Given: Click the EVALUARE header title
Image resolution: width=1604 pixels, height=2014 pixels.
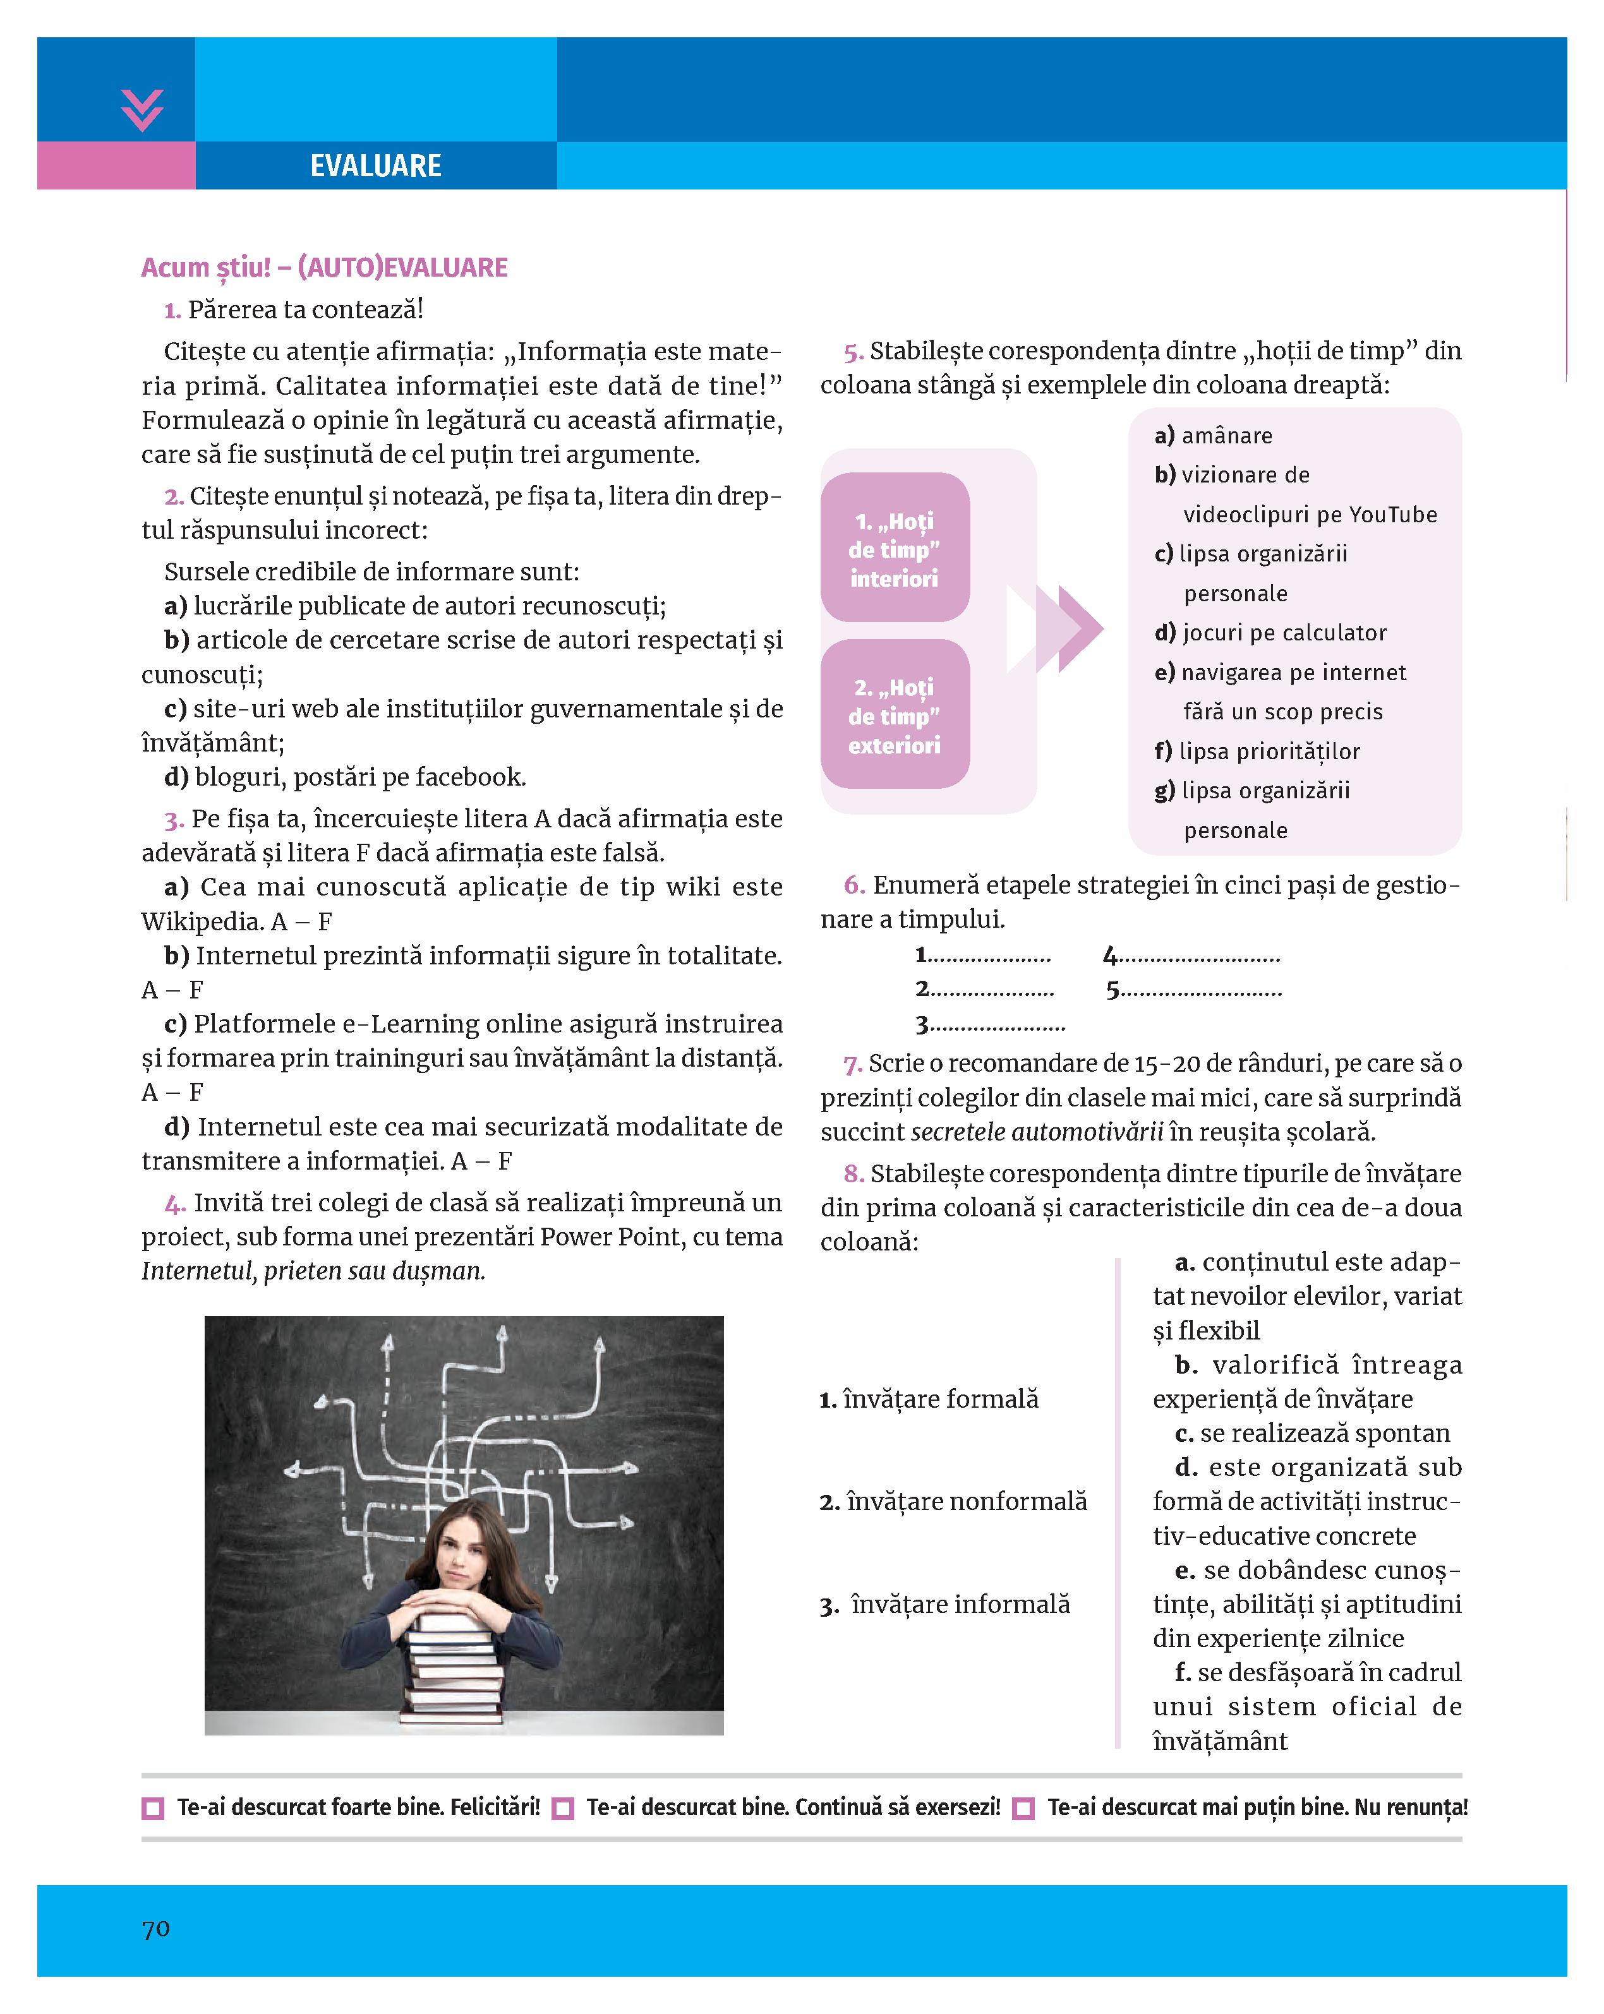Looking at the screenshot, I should pyautogui.click(x=375, y=166).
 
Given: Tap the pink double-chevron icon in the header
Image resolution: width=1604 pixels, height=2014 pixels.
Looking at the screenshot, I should pyautogui.click(x=142, y=111).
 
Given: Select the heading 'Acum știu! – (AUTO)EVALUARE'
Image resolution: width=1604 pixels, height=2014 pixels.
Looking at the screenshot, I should pyautogui.click(x=324, y=268).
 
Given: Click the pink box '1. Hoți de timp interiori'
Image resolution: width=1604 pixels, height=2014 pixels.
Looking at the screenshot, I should pyautogui.click(x=894, y=548).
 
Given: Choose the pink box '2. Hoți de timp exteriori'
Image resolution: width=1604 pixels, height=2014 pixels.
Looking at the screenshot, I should pyautogui.click(x=894, y=716).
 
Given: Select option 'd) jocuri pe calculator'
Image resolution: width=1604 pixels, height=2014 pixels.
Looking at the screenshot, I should pyautogui.click(x=1270, y=633).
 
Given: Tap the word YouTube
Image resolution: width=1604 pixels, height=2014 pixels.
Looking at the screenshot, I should pyautogui.click(x=1393, y=515).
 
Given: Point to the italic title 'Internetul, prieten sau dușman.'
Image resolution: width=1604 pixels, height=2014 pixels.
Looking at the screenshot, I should pyautogui.click(x=313, y=1271).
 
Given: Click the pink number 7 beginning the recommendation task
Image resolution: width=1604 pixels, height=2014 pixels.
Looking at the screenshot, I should pyautogui.click(x=851, y=1064).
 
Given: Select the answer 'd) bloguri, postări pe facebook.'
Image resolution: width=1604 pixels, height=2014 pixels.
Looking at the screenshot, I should pyautogui.click(x=345, y=777).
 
